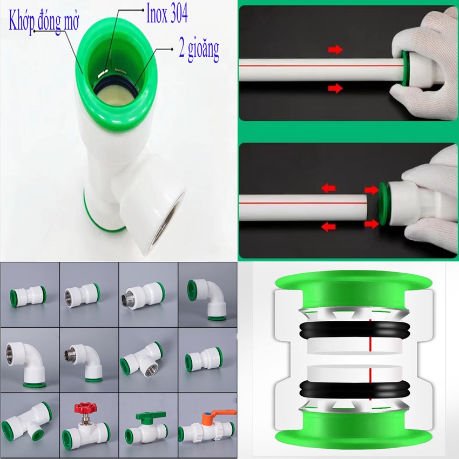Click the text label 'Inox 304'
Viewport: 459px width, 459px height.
[x=167, y=13]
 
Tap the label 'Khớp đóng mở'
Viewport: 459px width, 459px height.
[x=44, y=21]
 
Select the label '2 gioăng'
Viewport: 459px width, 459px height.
[x=199, y=50]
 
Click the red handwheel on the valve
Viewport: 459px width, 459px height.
[x=85, y=408]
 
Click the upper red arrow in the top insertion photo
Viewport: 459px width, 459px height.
[x=335, y=49]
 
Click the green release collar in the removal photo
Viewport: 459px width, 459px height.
[x=383, y=204]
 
